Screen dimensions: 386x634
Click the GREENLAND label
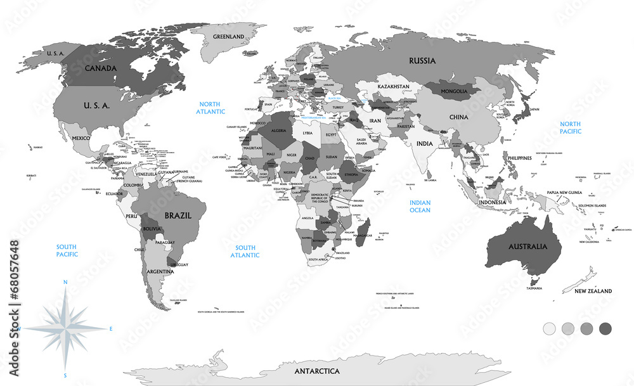(228, 37)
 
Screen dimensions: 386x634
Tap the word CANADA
(100, 68)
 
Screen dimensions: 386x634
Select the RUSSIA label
(422, 61)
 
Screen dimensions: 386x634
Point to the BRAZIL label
(178, 216)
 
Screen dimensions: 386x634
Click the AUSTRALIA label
(524, 246)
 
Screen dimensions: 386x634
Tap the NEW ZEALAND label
(593, 291)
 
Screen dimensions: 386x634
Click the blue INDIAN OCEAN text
(420, 207)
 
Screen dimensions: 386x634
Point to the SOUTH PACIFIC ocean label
(67, 250)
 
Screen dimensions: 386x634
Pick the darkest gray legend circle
(605, 328)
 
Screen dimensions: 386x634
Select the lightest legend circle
(550, 328)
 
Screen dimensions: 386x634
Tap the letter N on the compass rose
(65, 282)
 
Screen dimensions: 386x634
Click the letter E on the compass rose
(111, 328)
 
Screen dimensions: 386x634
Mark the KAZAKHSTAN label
(394, 86)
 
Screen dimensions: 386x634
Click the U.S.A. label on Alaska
(56, 54)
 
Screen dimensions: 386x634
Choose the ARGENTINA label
(160, 271)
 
